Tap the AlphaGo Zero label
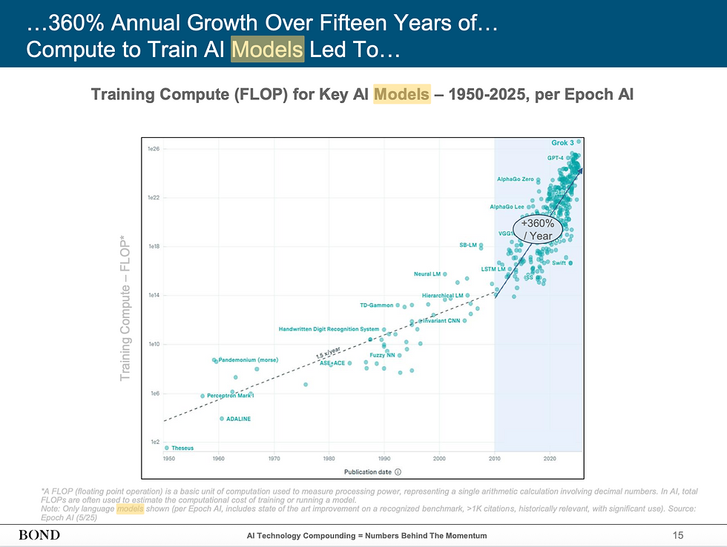pyautogui.click(x=515, y=179)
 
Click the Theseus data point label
pyautogui.click(x=182, y=448)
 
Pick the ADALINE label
pyautogui.click(x=238, y=419)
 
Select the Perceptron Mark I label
pyautogui.click(x=231, y=396)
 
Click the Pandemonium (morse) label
pyautogui.click(x=248, y=360)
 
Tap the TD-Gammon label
pyautogui.click(x=376, y=305)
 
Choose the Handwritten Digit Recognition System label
pyautogui.click(x=329, y=329)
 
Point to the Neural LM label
pyautogui.click(x=427, y=274)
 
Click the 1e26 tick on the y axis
pyautogui.click(x=154, y=149)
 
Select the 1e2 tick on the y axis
pyautogui.click(x=154, y=442)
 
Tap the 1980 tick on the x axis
pyautogui.click(x=329, y=459)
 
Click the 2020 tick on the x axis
pyautogui.click(x=549, y=459)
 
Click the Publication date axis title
pyautogui.click(x=368, y=471)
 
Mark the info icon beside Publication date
pyautogui.click(x=398, y=471)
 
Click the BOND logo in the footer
pyautogui.click(x=39, y=535)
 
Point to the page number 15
pyautogui.click(x=677, y=535)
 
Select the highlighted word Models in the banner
pyautogui.click(x=267, y=50)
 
